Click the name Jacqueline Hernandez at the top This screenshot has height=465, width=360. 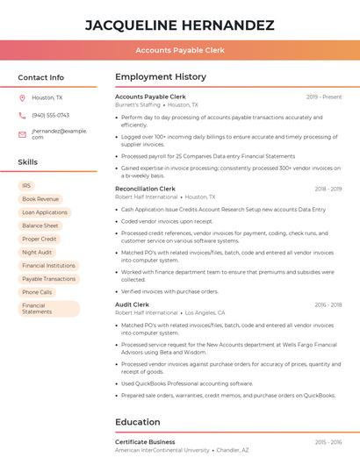179,25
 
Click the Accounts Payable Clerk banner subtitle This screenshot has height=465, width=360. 180,50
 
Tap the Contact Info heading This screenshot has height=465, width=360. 40,77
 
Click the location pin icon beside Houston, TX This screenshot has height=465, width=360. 22,97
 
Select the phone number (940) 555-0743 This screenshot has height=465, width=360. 50,115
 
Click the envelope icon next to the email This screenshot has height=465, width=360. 22,133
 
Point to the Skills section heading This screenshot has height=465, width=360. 28,162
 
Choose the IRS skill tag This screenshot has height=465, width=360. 26,186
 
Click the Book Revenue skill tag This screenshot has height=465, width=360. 40,199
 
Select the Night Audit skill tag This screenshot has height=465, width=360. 37,252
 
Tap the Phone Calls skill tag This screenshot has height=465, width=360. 37,292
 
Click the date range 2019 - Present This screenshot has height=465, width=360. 324,97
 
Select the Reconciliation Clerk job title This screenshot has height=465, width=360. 146,189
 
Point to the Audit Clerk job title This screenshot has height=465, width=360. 133,304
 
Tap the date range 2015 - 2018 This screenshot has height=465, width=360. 328,304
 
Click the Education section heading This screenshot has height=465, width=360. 137,421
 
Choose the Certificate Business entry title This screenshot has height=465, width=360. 145,441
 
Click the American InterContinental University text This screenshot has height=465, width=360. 162,450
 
